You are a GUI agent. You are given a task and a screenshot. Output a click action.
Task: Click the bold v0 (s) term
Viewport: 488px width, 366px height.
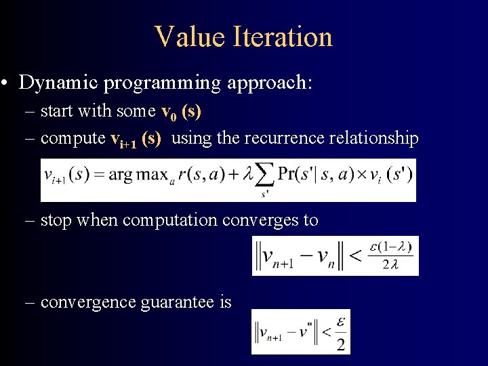point(180,111)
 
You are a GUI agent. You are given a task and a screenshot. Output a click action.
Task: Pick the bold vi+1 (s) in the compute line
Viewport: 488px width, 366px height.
point(136,139)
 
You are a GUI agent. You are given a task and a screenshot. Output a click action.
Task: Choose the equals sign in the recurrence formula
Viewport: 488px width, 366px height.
point(100,176)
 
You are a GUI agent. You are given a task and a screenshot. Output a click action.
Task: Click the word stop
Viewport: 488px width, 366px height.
point(56,220)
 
